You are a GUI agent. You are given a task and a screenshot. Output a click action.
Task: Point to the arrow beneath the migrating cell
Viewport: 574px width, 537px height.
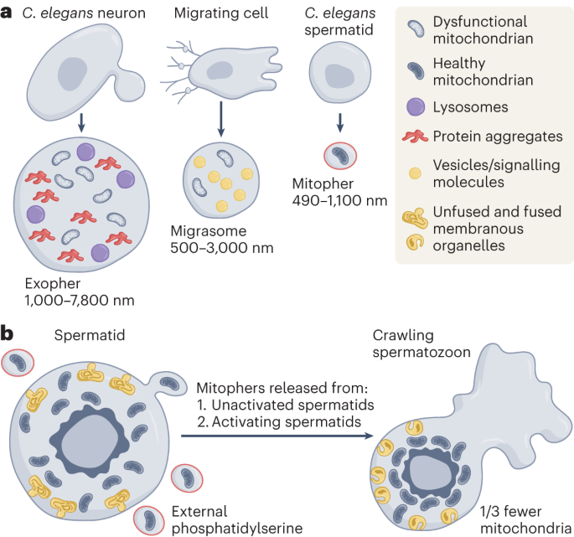[220, 117]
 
